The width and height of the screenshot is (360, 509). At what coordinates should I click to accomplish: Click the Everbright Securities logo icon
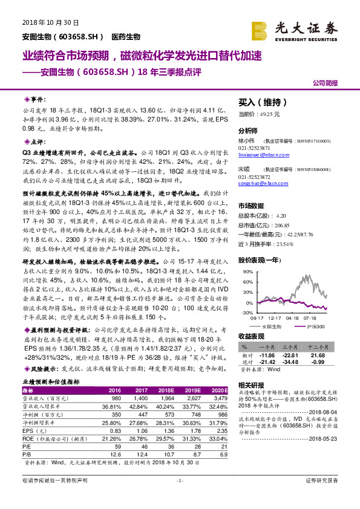coord(260,30)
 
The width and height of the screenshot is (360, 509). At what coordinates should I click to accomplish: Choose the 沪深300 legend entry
coord(313,326)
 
